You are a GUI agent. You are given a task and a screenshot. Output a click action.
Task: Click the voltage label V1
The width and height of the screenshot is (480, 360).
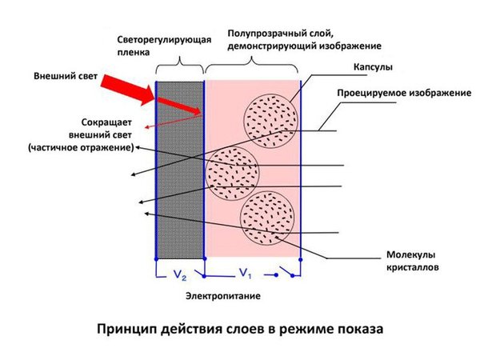click(246, 275)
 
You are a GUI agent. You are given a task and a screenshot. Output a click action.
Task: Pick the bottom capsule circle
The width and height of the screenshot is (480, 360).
click(270, 218)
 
